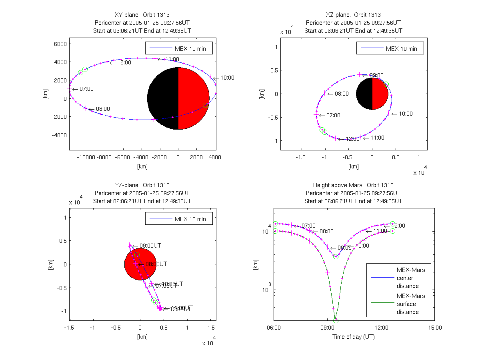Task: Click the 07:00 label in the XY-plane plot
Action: [x=86, y=89]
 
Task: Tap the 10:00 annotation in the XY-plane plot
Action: [x=227, y=78]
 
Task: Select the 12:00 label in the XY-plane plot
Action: [x=124, y=62]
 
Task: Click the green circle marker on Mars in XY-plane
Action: [x=205, y=105]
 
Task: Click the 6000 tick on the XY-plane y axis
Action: [x=60, y=44]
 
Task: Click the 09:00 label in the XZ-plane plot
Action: [x=376, y=75]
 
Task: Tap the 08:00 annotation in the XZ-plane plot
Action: [x=342, y=94]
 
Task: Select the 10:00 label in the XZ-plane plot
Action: [x=406, y=114]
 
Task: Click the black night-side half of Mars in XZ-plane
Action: [x=364, y=94]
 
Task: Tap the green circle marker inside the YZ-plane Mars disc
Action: [x=137, y=255]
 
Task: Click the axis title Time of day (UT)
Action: [x=354, y=337]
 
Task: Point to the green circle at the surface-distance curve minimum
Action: [x=336, y=320]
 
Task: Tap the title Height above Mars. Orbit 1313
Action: [x=353, y=185]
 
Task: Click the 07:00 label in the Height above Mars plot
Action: [x=308, y=226]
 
